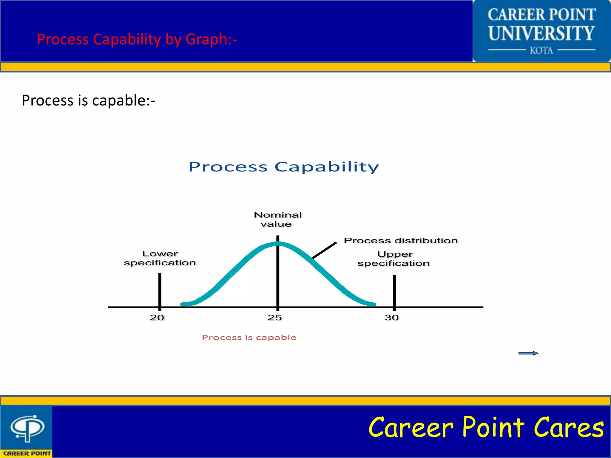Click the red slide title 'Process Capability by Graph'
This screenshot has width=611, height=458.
click(x=137, y=39)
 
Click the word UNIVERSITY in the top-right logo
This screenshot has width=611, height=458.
click(x=541, y=33)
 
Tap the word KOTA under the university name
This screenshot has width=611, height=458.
click(x=541, y=50)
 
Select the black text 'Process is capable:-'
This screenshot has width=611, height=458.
click(x=88, y=100)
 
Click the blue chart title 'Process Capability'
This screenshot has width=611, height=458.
click(x=284, y=167)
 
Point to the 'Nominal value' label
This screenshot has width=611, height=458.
click(x=277, y=219)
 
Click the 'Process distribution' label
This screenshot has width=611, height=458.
click(x=401, y=240)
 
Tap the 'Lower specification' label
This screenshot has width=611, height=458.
click(x=160, y=258)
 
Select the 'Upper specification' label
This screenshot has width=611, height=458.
click(x=394, y=259)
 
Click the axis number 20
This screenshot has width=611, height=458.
click(x=157, y=318)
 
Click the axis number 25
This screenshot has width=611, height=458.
click(x=274, y=318)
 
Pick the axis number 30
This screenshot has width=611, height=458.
click(x=391, y=318)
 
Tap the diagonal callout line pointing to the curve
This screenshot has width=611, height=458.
click(x=324, y=250)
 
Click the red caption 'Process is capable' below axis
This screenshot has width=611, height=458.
click(x=249, y=338)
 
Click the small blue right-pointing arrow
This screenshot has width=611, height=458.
click(x=528, y=353)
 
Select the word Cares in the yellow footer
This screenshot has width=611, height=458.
click(x=568, y=428)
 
